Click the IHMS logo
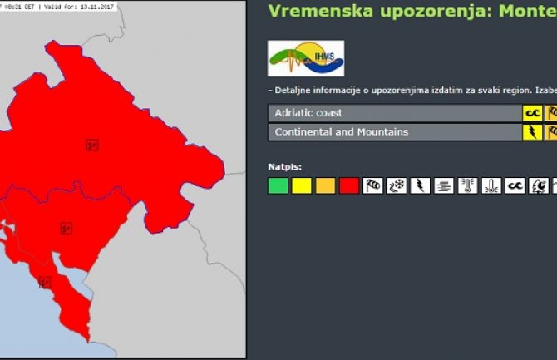(305, 58)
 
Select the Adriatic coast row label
(308, 112)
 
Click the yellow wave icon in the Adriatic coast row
(531, 113)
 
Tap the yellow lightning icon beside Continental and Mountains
(531, 132)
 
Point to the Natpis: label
(285, 166)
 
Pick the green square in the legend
(278, 186)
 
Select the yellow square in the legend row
(302, 186)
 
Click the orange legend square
(325, 186)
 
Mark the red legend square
(349, 186)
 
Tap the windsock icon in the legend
(373, 186)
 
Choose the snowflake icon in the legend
(397, 186)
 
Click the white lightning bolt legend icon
(421, 186)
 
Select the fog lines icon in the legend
(445, 186)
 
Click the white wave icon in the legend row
(516, 186)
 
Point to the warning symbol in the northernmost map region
(92, 145)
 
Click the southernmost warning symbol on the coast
(45, 283)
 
